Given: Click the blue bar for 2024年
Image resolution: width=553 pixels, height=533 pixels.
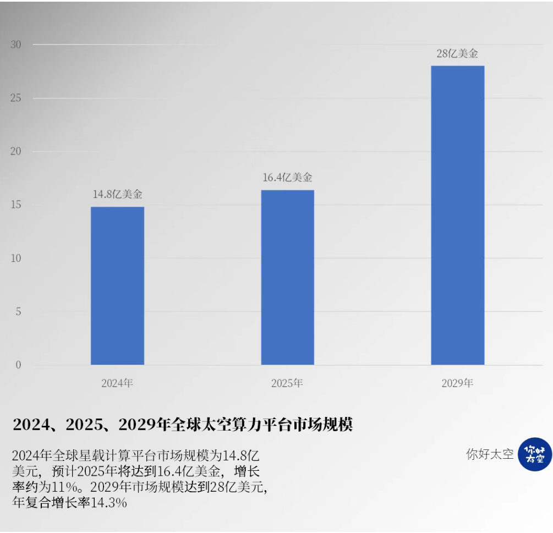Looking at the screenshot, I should (117, 285).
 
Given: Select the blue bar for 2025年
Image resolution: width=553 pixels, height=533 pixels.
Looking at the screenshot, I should (287, 277).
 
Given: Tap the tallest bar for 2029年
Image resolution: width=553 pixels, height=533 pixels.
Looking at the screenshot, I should (457, 215).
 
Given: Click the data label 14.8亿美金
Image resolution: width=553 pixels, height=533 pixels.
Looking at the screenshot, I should (117, 194).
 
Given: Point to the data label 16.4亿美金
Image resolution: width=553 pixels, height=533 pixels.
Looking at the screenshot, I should (287, 178).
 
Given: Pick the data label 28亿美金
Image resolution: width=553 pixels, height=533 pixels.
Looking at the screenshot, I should (457, 54).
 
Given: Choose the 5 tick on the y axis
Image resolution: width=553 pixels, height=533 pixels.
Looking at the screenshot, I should (18, 311).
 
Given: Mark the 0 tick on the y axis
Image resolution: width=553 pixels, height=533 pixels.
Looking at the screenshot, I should (18, 365).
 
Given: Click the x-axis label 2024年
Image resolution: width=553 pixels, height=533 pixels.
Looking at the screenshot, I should (117, 383).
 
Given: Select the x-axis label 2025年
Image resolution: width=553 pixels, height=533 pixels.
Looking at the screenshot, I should (287, 383).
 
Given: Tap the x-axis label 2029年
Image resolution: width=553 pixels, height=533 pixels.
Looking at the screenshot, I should (457, 383).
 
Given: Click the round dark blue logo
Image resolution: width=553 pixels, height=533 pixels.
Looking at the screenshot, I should (534, 454).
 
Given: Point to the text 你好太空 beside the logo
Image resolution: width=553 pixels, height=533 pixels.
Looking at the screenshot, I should (490, 454).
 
